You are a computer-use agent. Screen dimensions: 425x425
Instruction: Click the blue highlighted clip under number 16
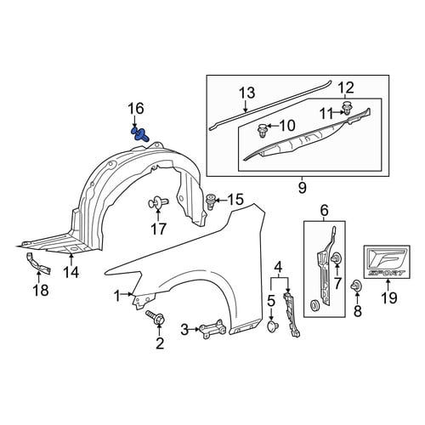pyautogui.click(x=139, y=135)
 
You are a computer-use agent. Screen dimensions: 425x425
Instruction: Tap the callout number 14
pyautogui.click(x=71, y=273)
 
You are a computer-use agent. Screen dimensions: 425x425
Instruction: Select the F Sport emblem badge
pyautogui.click(x=387, y=262)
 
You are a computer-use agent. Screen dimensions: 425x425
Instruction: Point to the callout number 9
pyautogui.click(x=303, y=188)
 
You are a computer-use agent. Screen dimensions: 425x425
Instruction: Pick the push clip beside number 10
pyautogui.click(x=262, y=130)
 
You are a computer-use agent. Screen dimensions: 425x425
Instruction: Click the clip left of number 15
pyautogui.click(x=210, y=201)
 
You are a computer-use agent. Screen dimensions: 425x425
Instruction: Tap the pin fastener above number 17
pyautogui.click(x=158, y=203)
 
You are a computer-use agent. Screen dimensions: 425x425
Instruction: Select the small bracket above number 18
pyautogui.click(x=38, y=263)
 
